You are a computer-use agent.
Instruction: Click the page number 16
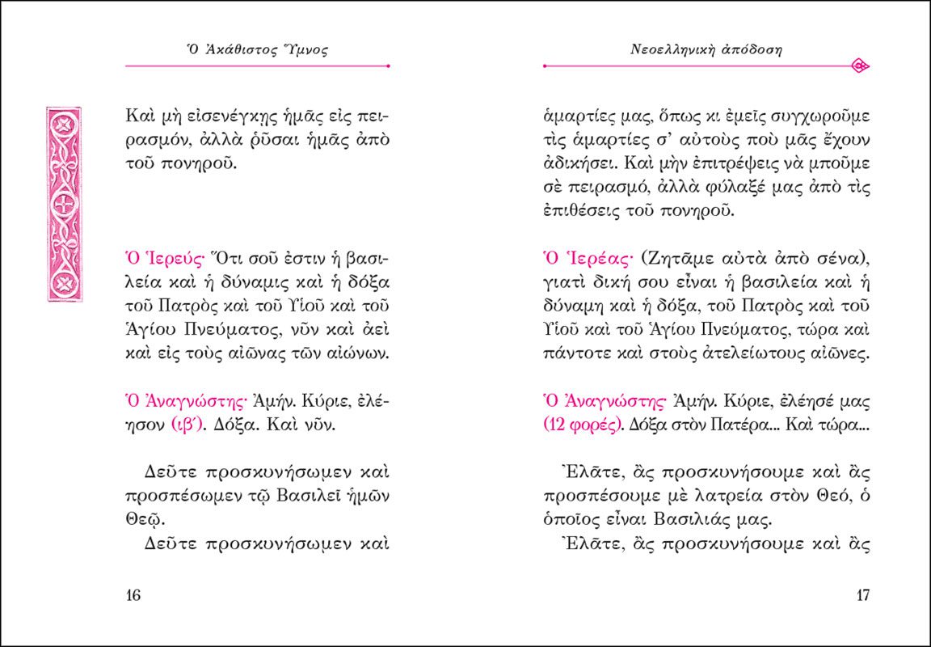pyautogui.click(x=133, y=596)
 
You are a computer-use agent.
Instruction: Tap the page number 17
pyautogui.click(x=861, y=596)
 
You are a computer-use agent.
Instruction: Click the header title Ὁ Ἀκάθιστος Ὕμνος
pyautogui.click(x=257, y=50)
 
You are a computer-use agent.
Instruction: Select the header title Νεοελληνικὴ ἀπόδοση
pyautogui.click(x=706, y=50)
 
